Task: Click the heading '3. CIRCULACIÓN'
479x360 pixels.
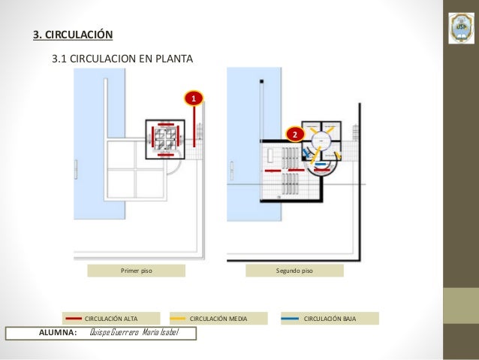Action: pyautogui.click(x=72, y=35)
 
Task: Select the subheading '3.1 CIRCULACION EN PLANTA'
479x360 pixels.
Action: pyautogui.click(x=122, y=58)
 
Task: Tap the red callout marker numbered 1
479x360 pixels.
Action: pyautogui.click(x=194, y=98)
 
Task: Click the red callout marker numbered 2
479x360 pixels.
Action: pyautogui.click(x=295, y=134)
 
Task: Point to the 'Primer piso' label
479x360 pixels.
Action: pyautogui.click(x=136, y=271)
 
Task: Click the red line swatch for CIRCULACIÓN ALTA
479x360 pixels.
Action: pyautogui.click(x=74, y=319)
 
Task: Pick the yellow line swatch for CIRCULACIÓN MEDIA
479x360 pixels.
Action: pyautogui.click(x=178, y=319)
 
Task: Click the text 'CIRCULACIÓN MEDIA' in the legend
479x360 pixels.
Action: pyautogui.click(x=218, y=319)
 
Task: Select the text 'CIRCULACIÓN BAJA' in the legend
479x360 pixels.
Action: pyautogui.click(x=330, y=319)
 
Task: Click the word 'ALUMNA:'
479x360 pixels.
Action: pyautogui.click(x=58, y=333)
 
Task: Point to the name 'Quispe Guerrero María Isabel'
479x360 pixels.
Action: pyautogui.click(x=133, y=333)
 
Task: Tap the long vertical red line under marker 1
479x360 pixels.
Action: pyautogui.click(x=194, y=126)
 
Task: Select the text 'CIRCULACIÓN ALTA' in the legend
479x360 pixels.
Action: pyautogui.click(x=110, y=319)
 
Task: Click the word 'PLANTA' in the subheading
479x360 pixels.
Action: pyautogui.click(x=174, y=58)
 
